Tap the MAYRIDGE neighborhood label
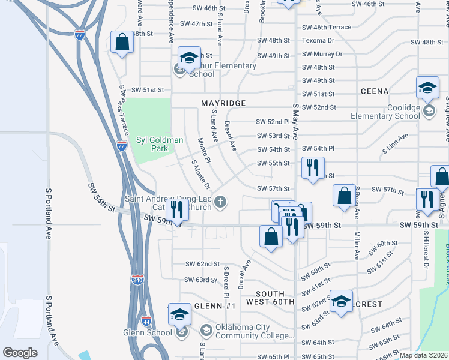[x=223, y=103]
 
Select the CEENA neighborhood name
[x=375, y=91]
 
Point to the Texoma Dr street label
[x=318, y=41]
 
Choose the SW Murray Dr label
[x=322, y=54]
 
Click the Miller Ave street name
[x=357, y=246]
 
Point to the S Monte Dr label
[x=201, y=174]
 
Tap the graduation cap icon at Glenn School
[x=179, y=314]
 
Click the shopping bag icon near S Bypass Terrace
[x=122, y=43]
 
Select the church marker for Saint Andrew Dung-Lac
[x=221, y=202]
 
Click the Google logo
[x=20, y=352]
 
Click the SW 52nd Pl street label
[x=273, y=121]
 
